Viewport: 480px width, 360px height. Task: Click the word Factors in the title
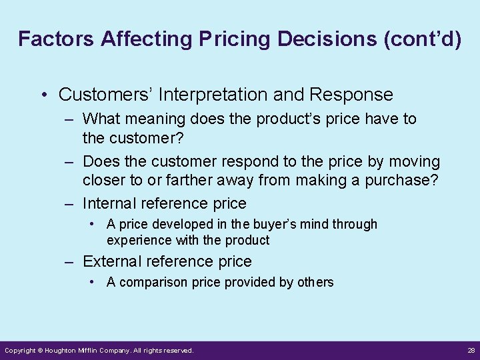coord(56,39)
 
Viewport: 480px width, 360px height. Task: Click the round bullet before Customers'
coord(44,95)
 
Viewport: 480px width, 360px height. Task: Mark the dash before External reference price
coord(69,261)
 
